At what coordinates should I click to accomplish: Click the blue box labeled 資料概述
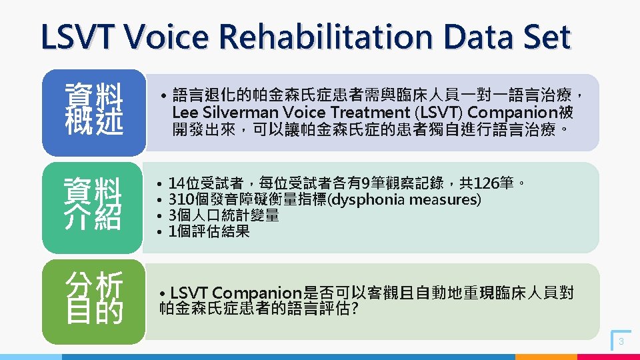coord(93,111)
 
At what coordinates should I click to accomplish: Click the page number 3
coord(621,341)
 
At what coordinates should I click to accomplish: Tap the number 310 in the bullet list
coord(181,199)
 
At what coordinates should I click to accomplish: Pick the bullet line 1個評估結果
coord(209,231)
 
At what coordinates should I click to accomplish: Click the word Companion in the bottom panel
coord(256,293)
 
